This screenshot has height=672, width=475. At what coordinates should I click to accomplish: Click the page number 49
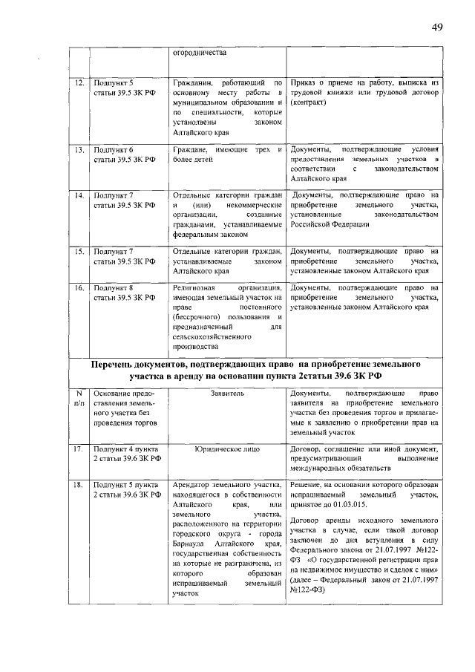coord(436,27)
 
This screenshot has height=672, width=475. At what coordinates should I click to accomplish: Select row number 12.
coord(78,83)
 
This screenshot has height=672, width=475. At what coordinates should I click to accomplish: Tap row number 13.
coord(78,150)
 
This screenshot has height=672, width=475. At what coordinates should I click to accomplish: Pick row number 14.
coord(78,196)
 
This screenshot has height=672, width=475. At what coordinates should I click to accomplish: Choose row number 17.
coord(78,450)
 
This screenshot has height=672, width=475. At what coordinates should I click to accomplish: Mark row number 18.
coord(78,484)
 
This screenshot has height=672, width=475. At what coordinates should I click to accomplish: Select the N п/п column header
coord(78,398)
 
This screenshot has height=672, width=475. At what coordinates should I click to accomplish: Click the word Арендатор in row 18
coord(191,484)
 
